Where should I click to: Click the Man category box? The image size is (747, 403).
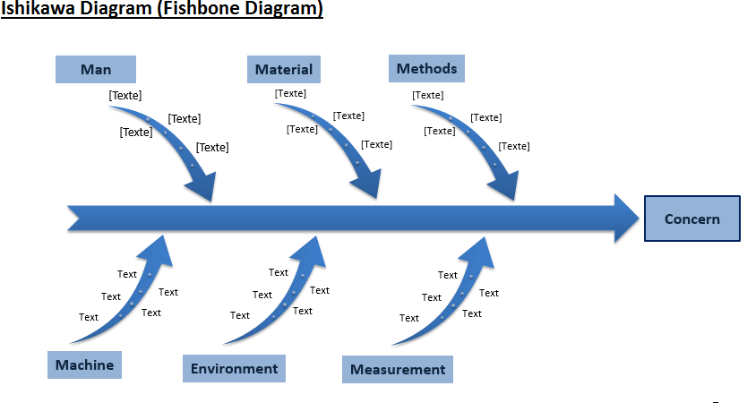(x=96, y=70)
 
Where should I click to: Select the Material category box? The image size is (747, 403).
(x=283, y=70)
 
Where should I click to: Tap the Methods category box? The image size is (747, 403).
(x=426, y=69)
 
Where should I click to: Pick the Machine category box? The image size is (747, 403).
(x=84, y=364)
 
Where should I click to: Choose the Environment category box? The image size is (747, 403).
(x=234, y=368)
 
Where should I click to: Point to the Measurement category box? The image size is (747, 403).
(x=398, y=369)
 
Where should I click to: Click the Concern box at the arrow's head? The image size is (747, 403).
(x=692, y=219)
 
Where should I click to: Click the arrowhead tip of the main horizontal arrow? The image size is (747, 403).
(x=639, y=219)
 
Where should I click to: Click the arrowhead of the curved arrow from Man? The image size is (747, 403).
(x=203, y=189)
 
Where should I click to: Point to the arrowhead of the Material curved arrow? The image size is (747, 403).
(x=368, y=185)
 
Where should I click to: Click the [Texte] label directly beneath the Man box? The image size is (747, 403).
(x=125, y=95)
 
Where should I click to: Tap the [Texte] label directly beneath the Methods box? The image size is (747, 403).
(x=428, y=95)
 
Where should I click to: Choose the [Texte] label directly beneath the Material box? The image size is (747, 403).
(x=290, y=93)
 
